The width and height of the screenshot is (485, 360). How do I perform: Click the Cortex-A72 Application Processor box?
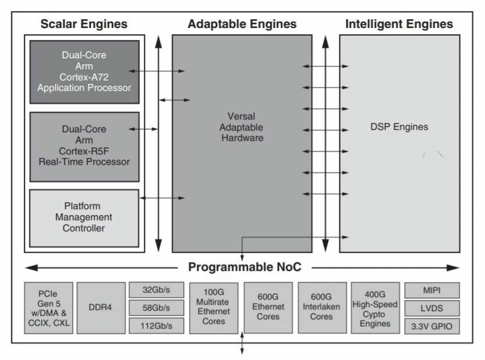(84, 72)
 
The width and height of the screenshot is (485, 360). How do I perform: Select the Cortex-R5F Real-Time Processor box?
(84, 146)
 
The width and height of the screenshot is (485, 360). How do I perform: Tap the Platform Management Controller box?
(84, 217)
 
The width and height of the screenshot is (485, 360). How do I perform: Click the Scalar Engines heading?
(84, 24)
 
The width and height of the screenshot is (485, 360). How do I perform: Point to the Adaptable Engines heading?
(242, 24)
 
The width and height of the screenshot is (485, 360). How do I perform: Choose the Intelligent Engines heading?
(399, 24)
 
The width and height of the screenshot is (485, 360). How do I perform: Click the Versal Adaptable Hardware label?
(242, 127)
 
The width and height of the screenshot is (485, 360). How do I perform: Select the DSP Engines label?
(399, 127)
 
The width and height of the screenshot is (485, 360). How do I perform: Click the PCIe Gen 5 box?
(48, 308)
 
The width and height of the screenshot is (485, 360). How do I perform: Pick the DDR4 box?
(101, 308)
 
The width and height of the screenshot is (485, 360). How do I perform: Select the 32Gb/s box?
(156, 290)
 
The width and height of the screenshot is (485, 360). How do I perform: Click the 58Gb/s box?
(156, 308)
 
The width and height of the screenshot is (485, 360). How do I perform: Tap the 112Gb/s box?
(156, 326)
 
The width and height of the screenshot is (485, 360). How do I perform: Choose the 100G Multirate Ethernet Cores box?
(214, 308)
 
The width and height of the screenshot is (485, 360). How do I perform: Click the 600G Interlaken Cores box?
(322, 308)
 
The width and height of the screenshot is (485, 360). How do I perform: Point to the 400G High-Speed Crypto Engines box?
(375, 308)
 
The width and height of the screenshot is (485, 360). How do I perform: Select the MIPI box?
(431, 290)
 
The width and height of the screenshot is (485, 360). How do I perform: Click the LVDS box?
(431, 308)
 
